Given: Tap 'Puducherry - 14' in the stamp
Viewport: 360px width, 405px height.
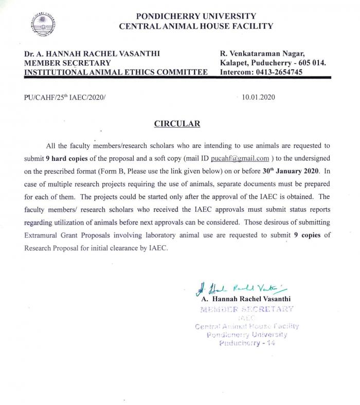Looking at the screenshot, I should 247,343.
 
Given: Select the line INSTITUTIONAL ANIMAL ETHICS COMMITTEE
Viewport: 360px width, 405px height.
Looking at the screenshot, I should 116,72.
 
